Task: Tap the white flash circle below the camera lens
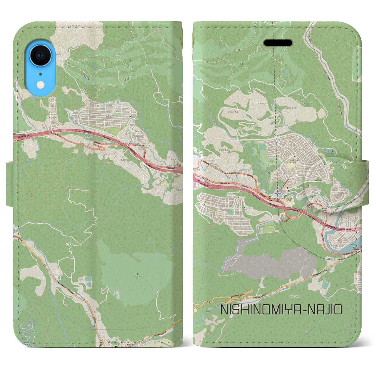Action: pyautogui.click(x=40, y=85)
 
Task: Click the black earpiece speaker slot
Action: pyautogui.click(x=278, y=43)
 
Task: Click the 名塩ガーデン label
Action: pyautogui.click(x=158, y=182)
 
